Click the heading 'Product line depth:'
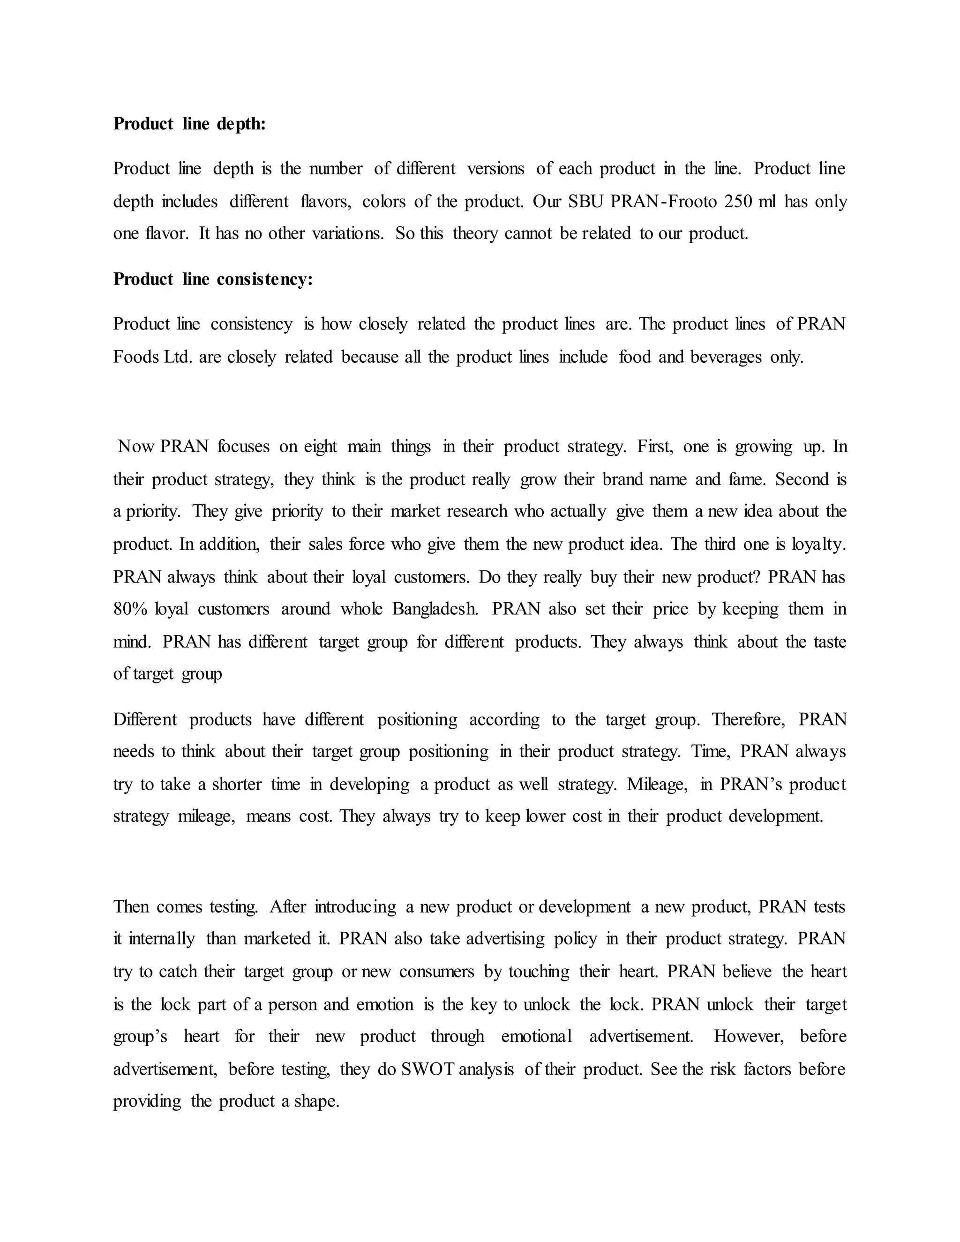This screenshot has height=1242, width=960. point(189,124)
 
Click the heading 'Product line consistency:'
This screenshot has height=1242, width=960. point(213,279)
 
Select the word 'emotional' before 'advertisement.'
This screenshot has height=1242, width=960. point(536,1037)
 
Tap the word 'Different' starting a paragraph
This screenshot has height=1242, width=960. point(145,719)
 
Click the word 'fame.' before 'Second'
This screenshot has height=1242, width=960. point(747,479)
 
